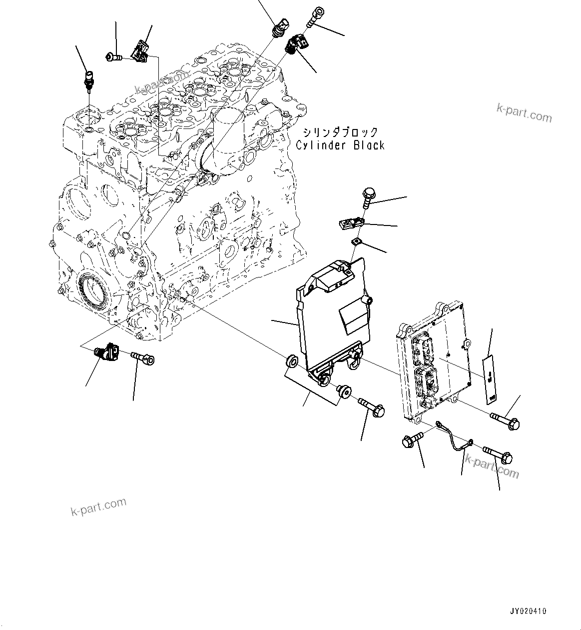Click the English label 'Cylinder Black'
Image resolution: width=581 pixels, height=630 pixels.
click(x=340, y=145)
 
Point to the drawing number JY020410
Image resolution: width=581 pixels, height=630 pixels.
click(x=528, y=611)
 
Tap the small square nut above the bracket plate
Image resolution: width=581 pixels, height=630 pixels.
click(x=357, y=241)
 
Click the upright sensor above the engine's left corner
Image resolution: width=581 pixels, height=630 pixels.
click(x=89, y=79)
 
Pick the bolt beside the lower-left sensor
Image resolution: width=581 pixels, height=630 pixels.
click(x=143, y=358)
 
